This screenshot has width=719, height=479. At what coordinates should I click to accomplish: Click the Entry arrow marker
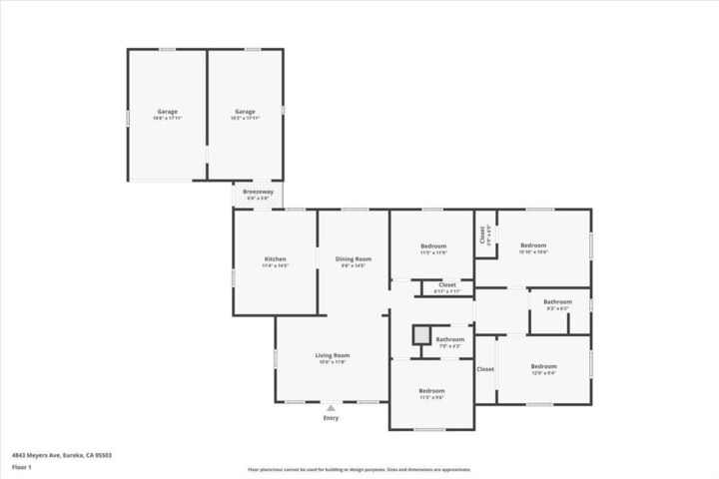(331, 407)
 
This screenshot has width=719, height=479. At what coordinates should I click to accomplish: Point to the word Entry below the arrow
(331, 418)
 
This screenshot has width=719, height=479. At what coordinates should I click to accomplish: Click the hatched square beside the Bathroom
(422, 335)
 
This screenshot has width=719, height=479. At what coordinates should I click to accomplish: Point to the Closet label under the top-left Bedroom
(447, 285)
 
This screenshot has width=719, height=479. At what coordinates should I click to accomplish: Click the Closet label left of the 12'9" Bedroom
(485, 369)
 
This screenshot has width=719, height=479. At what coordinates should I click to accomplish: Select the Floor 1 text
(22, 467)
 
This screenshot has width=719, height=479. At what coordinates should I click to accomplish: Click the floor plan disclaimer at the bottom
(359, 469)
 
